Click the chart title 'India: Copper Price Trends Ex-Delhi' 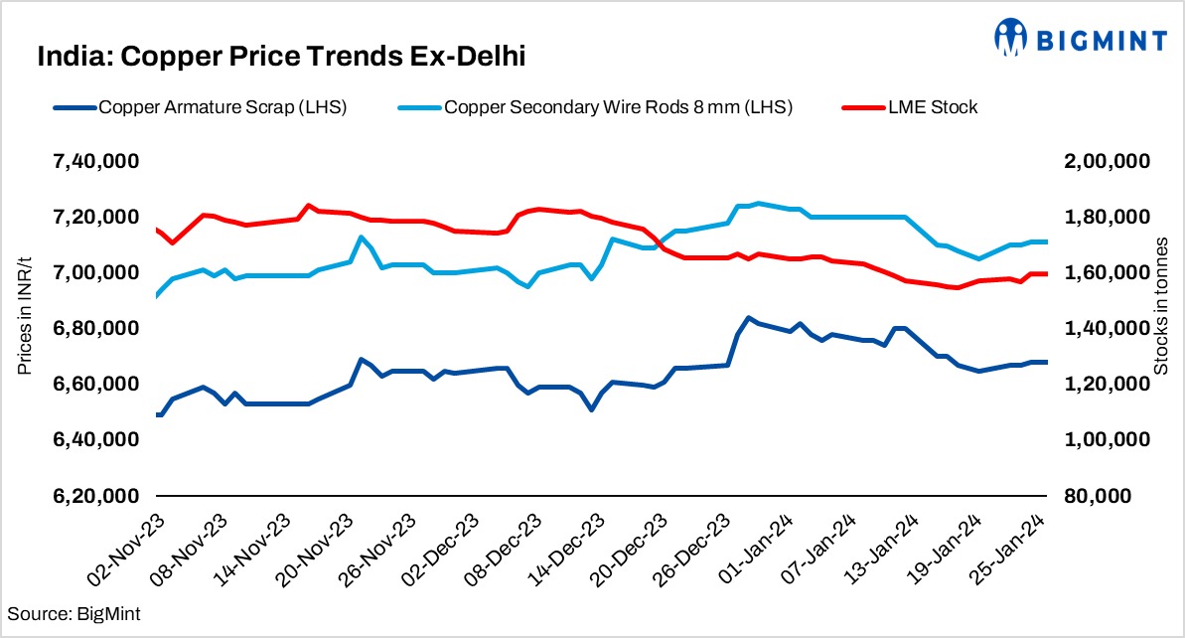click(280, 57)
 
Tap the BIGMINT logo click(1081, 38)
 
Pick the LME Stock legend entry click(912, 107)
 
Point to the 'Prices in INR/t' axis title click(24, 328)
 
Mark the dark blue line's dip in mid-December click(591, 409)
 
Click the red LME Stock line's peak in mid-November click(309, 206)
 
